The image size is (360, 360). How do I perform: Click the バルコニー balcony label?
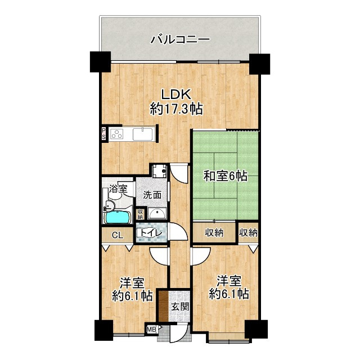[180, 40]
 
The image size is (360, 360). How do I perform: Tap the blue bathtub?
[118, 217]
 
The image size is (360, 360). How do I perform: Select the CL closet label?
[118, 235]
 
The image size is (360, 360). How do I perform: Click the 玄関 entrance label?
[181, 306]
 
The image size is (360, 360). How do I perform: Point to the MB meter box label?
[151, 330]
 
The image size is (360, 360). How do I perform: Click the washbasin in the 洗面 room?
[157, 213]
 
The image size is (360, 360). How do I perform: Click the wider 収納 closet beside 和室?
[213, 232]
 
